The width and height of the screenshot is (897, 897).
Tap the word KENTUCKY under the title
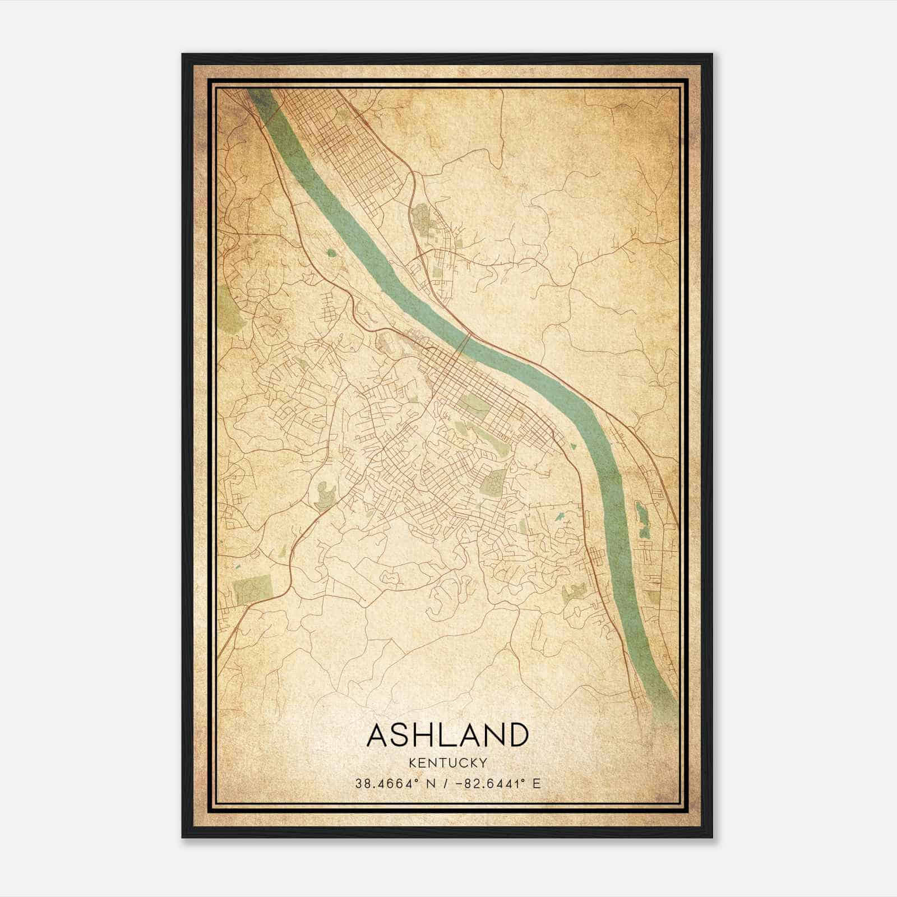pyautogui.click(x=447, y=762)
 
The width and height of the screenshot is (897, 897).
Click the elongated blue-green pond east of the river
pyautogui.click(x=641, y=520)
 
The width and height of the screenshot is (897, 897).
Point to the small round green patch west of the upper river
pyautogui.click(x=331, y=253)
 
